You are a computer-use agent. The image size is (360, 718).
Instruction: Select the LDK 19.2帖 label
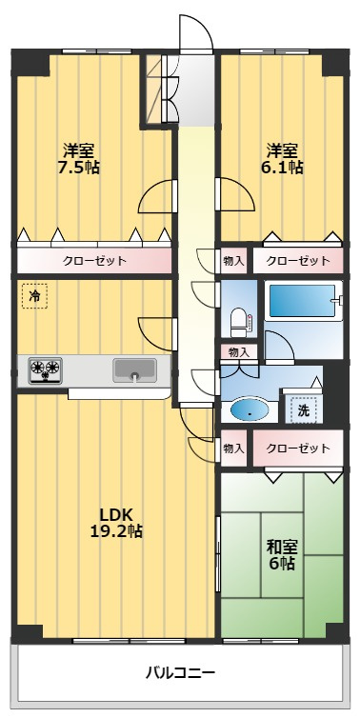pyautogui.click(x=116, y=523)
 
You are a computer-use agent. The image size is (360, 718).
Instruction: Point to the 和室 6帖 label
pyautogui.click(x=282, y=555)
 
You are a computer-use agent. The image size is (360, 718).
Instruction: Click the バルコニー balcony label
pyautogui.click(x=180, y=673)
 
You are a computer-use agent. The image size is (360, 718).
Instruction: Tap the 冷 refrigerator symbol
pyautogui.click(x=35, y=296)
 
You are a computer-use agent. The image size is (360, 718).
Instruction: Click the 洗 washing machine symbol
pyautogui.click(x=303, y=410)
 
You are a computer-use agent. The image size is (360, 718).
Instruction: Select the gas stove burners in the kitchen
pyautogui.click(x=46, y=370)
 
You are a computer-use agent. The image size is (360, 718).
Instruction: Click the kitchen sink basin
pyautogui.click(x=134, y=369)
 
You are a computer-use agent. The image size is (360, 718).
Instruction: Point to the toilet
pyautogui.click(x=239, y=320)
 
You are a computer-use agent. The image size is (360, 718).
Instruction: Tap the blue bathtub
pyautogui.click(x=302, y=301)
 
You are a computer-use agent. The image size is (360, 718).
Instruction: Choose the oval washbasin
pyautogui.click(x=250, y=409)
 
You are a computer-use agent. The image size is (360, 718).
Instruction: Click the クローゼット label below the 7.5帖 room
pyautogui.click(x=94, y=262)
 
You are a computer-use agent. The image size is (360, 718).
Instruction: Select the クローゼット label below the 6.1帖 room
pyautogui.click(x=298, y=262)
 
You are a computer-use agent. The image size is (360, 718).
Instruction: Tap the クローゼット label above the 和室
pyautogui.click(x=298, y=448)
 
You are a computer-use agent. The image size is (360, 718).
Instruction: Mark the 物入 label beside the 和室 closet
pyautogui.click(x=233, y=448)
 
